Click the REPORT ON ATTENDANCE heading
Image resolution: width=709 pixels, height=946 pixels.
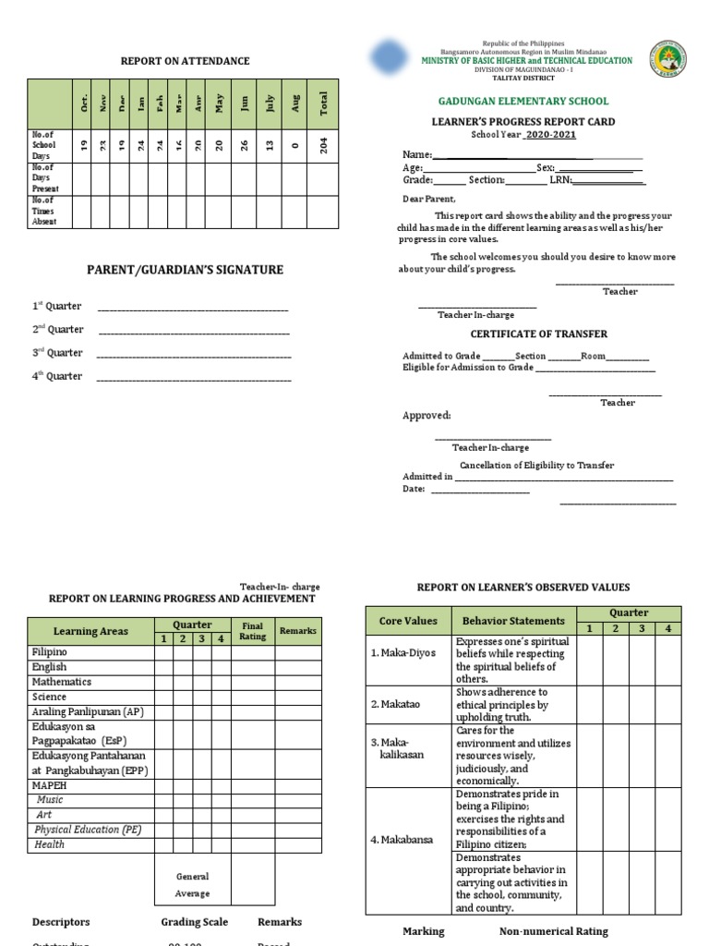point(185,61)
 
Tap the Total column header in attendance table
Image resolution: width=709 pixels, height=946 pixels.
point(323,104)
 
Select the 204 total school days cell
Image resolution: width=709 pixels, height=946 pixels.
point(323,146)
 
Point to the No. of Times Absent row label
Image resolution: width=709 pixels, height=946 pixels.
point(43,211)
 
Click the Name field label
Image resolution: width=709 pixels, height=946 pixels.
point(416,154)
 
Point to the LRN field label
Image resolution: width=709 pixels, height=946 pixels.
point(561,180)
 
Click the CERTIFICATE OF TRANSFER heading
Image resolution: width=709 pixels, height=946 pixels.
point(539,334)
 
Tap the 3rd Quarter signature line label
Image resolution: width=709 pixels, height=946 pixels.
point(57,353)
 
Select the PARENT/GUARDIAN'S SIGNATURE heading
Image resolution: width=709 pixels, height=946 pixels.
point(185,270)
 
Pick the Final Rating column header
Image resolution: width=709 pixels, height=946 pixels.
point(252,631)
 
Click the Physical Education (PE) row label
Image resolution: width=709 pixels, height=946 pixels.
point(88,830)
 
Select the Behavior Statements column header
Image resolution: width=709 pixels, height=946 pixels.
point(513,621)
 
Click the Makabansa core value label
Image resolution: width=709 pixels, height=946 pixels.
point(403,840)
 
